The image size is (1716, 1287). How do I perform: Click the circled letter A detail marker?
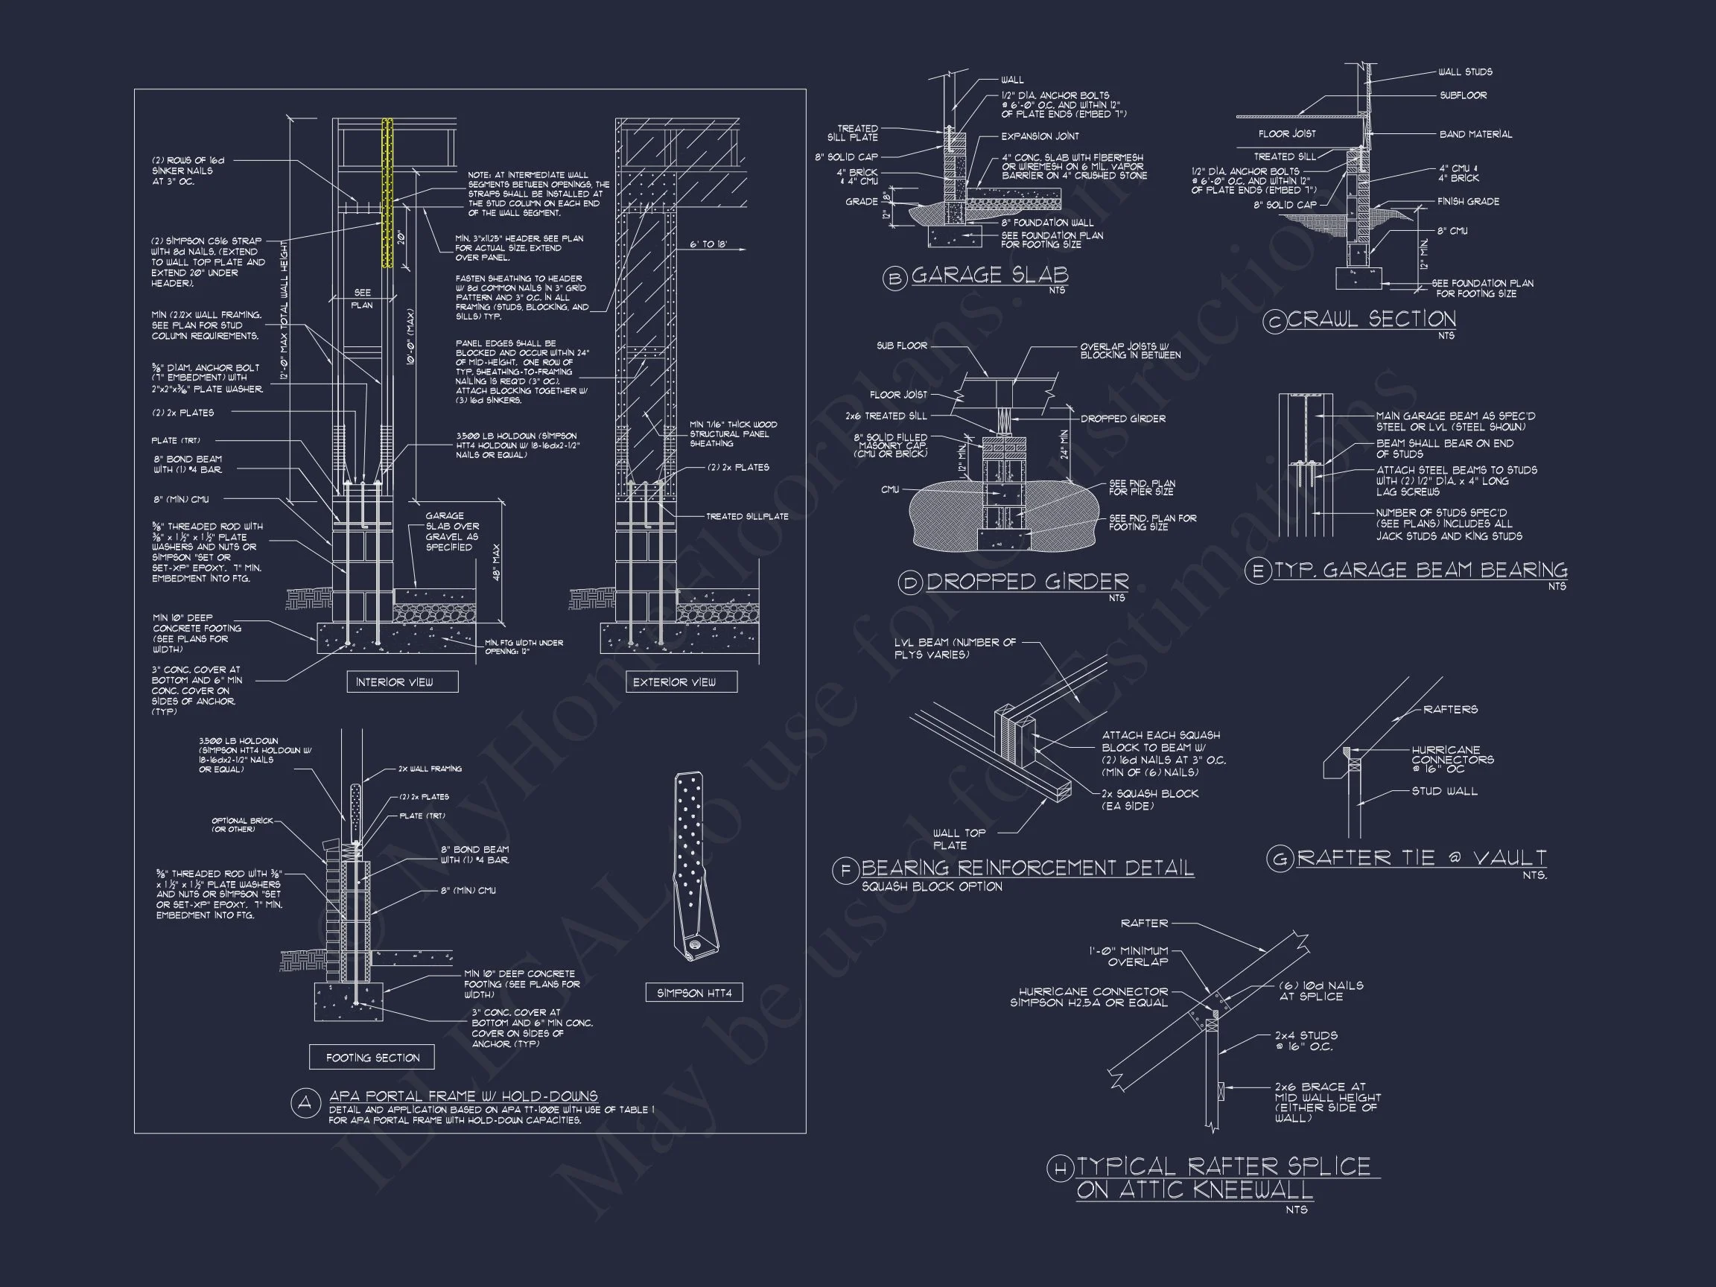click(305, 1103)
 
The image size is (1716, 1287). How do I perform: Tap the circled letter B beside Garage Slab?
click(895, 278)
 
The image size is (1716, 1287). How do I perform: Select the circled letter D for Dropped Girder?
click(910, 583)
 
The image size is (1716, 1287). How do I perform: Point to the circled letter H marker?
click(1060, 1169)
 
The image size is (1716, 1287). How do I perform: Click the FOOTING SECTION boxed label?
click(372, 1058)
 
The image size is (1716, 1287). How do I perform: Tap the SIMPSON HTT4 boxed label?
click(693, 993)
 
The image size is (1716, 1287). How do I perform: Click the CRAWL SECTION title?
click(1372, 319)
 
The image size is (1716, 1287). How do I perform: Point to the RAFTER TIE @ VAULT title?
click(1421, 858)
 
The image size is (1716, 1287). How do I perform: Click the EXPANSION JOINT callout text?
click(1040, 136)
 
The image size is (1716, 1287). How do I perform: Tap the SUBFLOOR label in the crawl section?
click(1463, 95)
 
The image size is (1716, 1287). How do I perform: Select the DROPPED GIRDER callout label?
click(1122, 419)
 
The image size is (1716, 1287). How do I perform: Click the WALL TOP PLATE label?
click(959, 839)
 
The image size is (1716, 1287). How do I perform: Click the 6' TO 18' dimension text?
click(708, 244)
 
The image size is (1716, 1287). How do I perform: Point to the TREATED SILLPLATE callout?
click(746, 517)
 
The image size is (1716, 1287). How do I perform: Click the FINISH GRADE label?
click(1468, 202)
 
